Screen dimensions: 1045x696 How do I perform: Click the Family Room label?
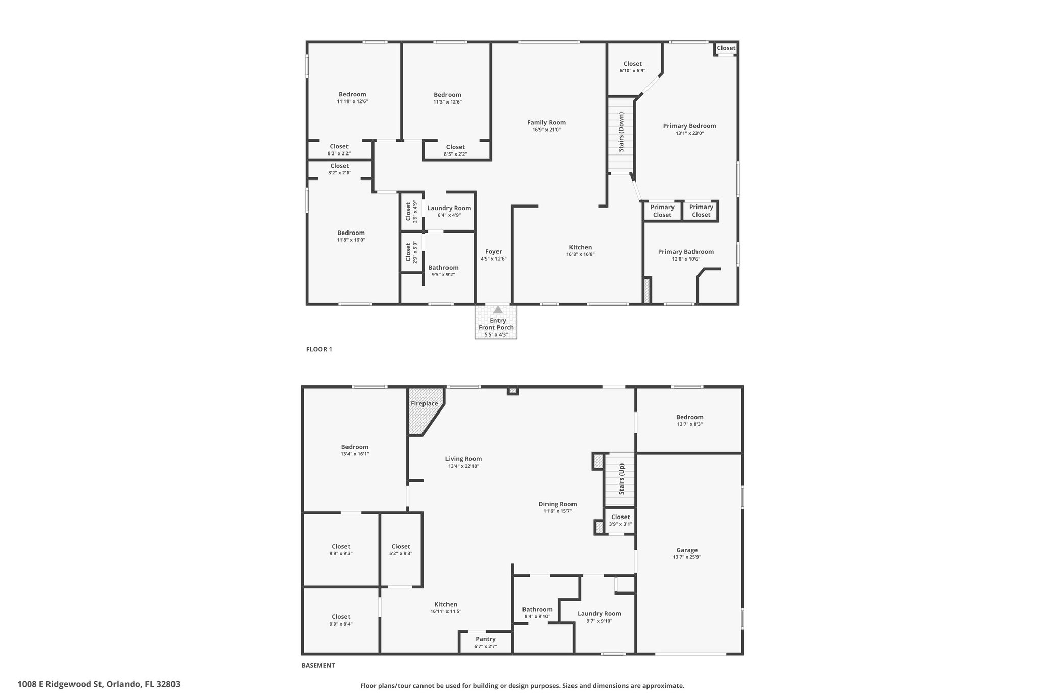tap(546, 122)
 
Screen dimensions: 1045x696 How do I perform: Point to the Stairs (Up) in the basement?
tap(620, 479)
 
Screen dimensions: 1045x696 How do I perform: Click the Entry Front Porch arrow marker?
tap(497, 310)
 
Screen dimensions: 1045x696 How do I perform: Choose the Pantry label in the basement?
tap(486, 639)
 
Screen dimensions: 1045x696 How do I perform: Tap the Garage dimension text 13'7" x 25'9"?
tap(687, 557)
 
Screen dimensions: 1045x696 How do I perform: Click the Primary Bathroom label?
tap(686, 252)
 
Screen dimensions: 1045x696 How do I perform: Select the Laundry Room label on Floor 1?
tap(449, 208)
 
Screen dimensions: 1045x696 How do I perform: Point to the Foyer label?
tap(493, 252)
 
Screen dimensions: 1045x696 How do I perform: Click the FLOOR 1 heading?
tap(319, 349)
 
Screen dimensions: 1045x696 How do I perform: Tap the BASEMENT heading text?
tap(318, 665)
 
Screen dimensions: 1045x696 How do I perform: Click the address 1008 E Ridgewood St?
tap(61, 684)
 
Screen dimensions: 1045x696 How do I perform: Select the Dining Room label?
tap(558, 504)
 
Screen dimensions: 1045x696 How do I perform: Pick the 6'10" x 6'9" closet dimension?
tap(633, 71)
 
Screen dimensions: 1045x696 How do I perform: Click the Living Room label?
tap(463, 459)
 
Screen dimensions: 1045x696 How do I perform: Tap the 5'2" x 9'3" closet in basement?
tap(401, 549)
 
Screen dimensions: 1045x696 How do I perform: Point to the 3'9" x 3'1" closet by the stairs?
tap(620, 520)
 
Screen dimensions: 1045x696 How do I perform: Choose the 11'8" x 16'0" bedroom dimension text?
tap(351, 240)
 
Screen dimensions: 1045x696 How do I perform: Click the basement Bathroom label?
tap(537, 609)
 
